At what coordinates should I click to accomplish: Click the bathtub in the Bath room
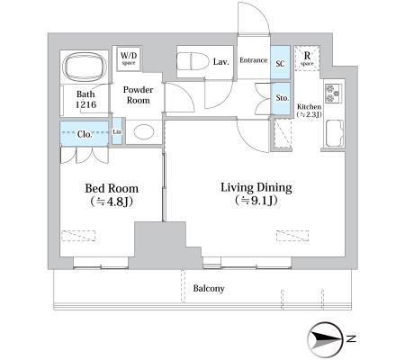tap(85, 67)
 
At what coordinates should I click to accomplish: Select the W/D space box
tap(129, 58)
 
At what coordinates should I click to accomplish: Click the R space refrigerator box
tap(307, 58)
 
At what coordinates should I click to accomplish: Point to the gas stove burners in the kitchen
tap(333, 93)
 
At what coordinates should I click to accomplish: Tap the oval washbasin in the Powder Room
tap(144, 131)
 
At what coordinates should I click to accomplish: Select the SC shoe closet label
tap(280, 63)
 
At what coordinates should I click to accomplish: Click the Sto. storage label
tap(282, 98)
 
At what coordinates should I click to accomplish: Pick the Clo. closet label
tap(85, 134)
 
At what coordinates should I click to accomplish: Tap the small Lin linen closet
tap(117, 131)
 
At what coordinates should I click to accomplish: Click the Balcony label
tap(209, 288)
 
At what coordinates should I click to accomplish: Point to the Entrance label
tap(254, 60)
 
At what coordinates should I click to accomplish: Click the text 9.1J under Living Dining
tap(261, 201)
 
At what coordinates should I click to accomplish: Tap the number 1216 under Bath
tap(85, 104)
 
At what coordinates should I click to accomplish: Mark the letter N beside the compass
tap(351, 339)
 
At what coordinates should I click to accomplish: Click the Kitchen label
tap(309, 106)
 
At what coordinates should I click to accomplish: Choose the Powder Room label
tap(138, 94)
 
